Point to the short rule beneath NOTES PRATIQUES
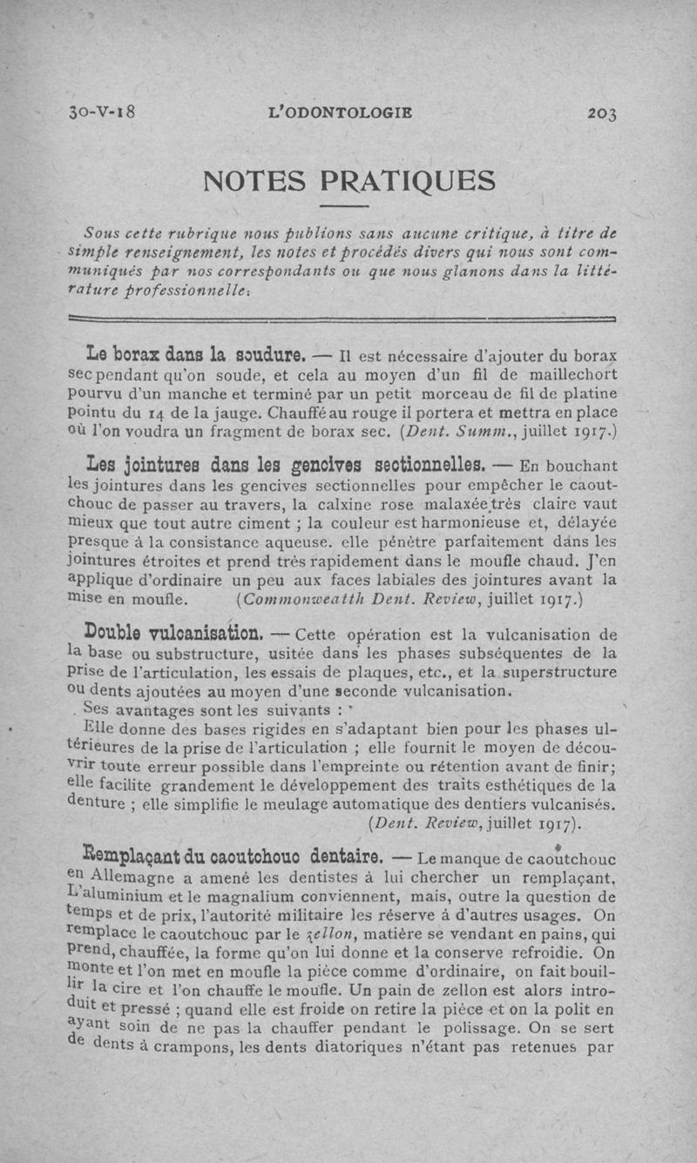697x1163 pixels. (x=347, y=207)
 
